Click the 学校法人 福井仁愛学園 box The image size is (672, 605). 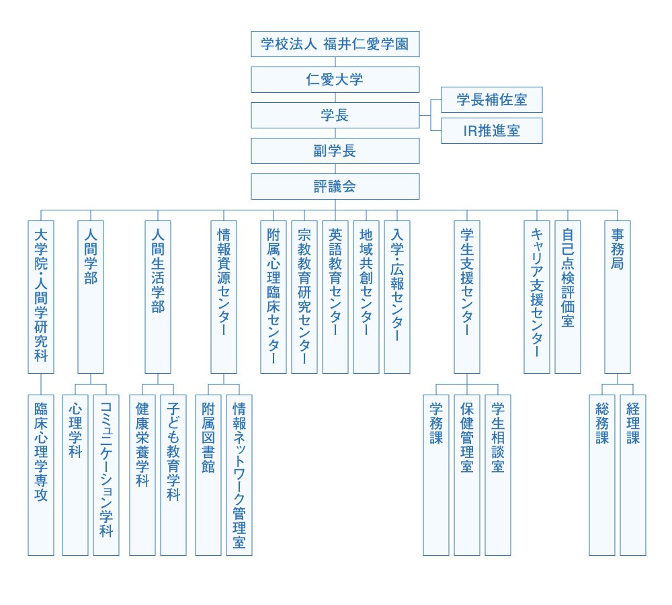(335, 45)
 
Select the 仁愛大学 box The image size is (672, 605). (335, 80)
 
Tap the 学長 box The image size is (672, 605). (335, 115)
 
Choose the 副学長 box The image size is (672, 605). (335, 151)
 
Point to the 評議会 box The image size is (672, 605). (335, 186)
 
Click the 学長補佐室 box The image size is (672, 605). (491, 100)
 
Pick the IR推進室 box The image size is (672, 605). (491, 130)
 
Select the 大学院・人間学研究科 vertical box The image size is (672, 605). (41, 296)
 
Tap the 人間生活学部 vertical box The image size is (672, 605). (158, 296)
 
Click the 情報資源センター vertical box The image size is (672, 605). (224, 296)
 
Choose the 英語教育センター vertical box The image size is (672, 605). (335, 296)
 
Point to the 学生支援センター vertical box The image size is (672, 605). (467, 296)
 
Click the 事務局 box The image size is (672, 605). (618, 296)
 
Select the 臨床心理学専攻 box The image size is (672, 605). (41, 475)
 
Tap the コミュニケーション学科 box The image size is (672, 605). (106, 475)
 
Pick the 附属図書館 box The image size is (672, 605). (208, 475)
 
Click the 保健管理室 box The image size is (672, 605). (467, 475)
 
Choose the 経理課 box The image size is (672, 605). (633, 475)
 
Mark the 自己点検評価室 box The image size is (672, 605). (568, 296)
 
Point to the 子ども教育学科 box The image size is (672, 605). (173, 475)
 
